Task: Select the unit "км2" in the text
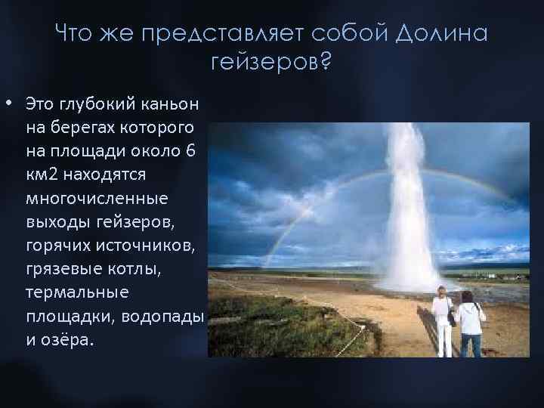tap(42, 174)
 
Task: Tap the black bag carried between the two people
tap(451, 318)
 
